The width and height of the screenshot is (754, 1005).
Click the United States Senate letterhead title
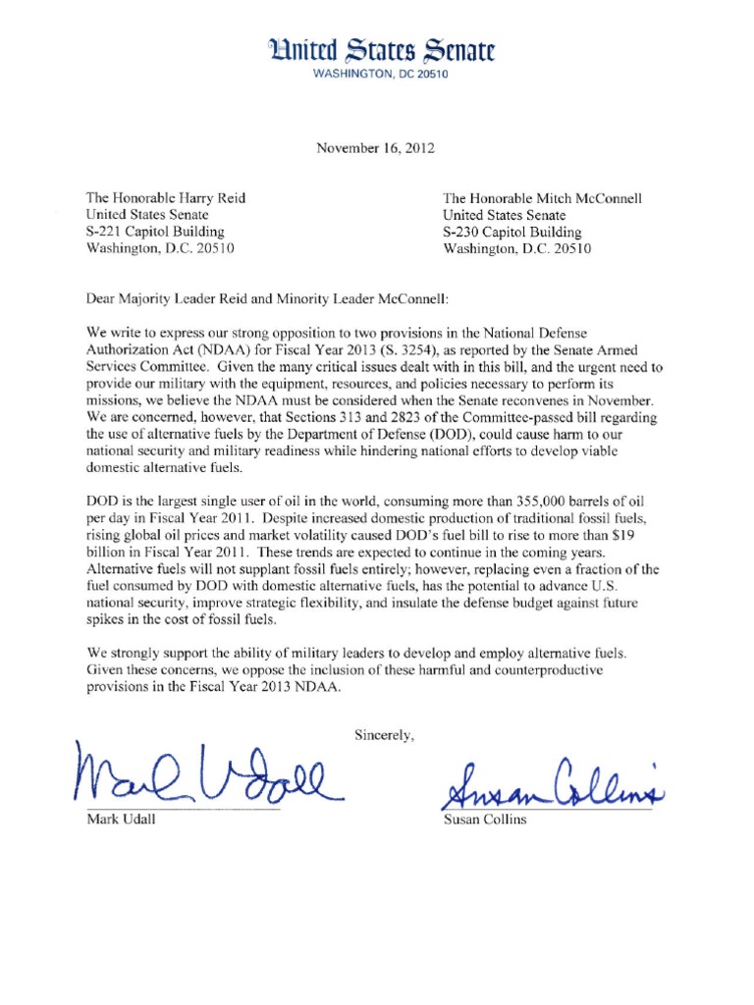pyautogui.click(x=377, y=49)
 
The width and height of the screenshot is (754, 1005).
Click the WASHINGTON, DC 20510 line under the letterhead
pyautogui.click(x=377, y=74)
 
